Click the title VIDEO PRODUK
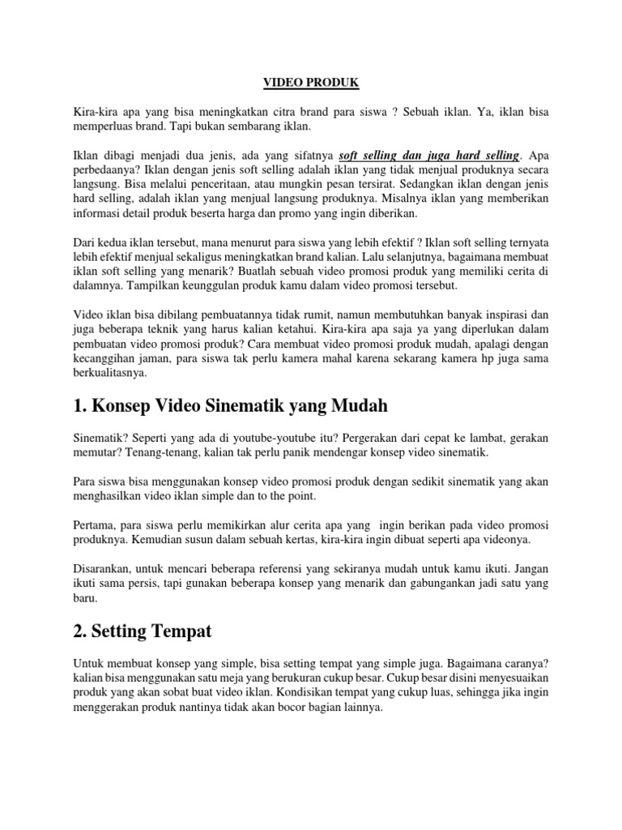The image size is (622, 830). [312, 83]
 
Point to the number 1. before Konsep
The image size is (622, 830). [81, 405]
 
